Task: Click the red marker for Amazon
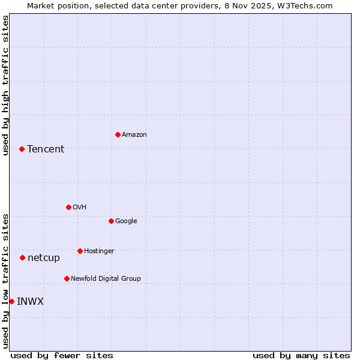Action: click(118, 134)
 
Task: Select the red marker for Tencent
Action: click(22, 149)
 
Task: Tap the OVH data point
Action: click(68, 207)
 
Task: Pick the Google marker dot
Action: click(111, 221)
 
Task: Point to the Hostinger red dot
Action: click(80, 251)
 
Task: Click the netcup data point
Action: click(22, 257)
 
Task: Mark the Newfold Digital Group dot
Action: click(67, 278)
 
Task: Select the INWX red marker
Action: click(11, 301)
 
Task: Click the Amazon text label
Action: click(134, 134)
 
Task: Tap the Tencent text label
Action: click(46, 149)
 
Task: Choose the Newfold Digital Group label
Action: click(106, 278)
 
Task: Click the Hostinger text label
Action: click(99, 251)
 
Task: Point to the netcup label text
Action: click(44, 257)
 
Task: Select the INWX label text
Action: click(30, 301)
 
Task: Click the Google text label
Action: click(126, 221)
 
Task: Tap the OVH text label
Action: click(80, 207)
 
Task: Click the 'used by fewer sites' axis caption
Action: click(62, 355)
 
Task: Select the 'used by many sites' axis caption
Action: click(301, 355)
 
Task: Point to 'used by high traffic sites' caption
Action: click(5, 85)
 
